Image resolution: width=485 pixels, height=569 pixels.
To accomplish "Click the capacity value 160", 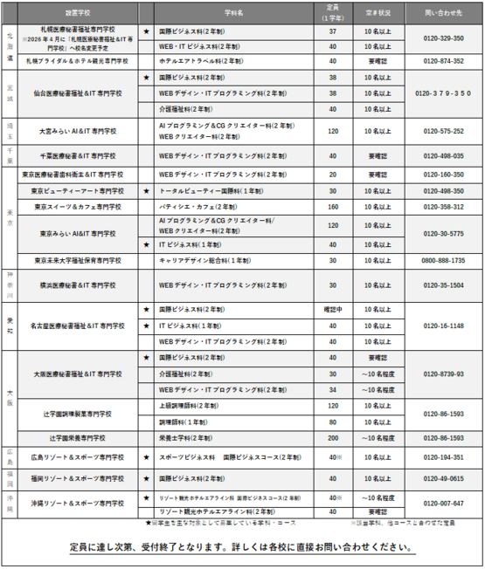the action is pyautogui.click(x=333, y=207).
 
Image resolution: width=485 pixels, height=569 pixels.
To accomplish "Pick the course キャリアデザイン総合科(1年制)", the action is pyautogui.click(x=200, y=260).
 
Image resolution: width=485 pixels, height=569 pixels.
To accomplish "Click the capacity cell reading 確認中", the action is pyautogui.click(x=333, y=309).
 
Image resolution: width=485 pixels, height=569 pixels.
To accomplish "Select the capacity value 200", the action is pyautogui.click(x=333, y=437).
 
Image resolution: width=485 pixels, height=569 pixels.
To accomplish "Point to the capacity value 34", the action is pyautogui.click(x=333, y=389).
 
